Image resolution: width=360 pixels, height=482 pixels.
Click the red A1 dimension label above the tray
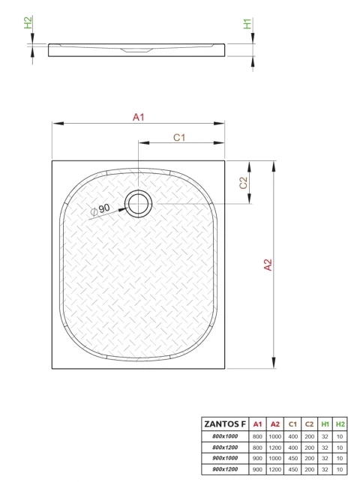[138, 117]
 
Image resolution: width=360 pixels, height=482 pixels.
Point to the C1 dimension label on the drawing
[179, 136]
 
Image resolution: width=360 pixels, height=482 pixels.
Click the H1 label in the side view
[247, 24]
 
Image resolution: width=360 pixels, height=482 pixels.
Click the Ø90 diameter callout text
[100, 208]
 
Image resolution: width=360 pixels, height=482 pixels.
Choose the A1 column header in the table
[257, 424]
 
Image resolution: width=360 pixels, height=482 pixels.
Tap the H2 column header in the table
[340, 424]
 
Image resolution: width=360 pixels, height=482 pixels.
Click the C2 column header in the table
[309, 424]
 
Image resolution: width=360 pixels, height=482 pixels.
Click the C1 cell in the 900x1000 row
[292, 458]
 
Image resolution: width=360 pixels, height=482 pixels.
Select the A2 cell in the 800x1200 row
[274, 448]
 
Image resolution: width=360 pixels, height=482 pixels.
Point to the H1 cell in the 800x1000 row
[325, 436]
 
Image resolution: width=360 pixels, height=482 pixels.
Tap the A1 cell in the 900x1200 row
[257, 469]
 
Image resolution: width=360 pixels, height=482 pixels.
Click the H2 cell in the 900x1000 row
[340, 458]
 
